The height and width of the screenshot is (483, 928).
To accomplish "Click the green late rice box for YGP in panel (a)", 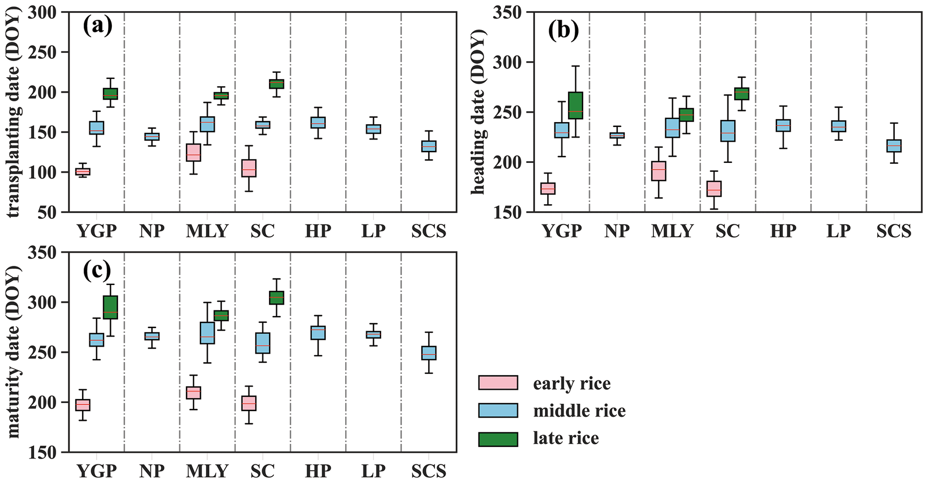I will pyautogui.click(x=110, y=94).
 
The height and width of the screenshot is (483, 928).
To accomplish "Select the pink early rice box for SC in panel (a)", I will pyautogui.click(x=249, y=168).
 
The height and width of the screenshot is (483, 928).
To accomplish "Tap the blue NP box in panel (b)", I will pyautogui.click(x=617, y=135).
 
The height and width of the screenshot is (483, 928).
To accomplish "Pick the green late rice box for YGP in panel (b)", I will pyautogui.click(x=576, y=105).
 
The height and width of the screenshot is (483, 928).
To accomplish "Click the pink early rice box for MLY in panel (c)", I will pyautogui.click(x=194, y=393).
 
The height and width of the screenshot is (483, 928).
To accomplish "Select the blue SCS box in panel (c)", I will pyautogui.click(x=429, y=353).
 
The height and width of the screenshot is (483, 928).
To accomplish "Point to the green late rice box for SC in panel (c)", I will pyautogui.click(x=277, y=298).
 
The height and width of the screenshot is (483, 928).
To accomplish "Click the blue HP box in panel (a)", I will pyautogui.click(x=318, y=123).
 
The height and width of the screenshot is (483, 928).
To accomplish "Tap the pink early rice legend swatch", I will pyautogui.click(x=498, y=383).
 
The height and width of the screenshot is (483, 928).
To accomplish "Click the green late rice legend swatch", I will pyautogui.click(x=498, y=439).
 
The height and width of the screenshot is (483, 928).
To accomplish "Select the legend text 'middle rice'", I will pyautogui.click(x=579, y=411).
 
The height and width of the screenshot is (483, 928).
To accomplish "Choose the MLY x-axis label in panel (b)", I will pyautogui.click(x=672, y=231).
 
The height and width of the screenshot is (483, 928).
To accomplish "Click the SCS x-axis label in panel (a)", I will pyautogui.click(x=429, y=231).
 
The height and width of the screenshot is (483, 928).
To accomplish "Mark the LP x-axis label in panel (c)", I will pyautogui.click(x=373, y=471).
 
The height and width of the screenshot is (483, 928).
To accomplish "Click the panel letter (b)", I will pyautogui.click(x=563, y=30).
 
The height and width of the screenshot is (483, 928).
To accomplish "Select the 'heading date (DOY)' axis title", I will pyautogui.click(x=479, y=112).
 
